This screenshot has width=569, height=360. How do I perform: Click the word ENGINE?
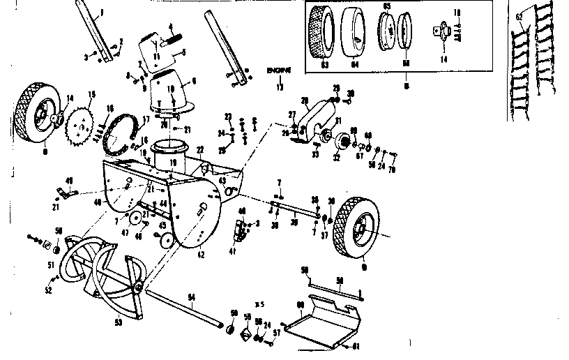pos(278,70)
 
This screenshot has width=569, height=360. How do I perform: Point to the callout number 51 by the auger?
pos(50,264)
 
